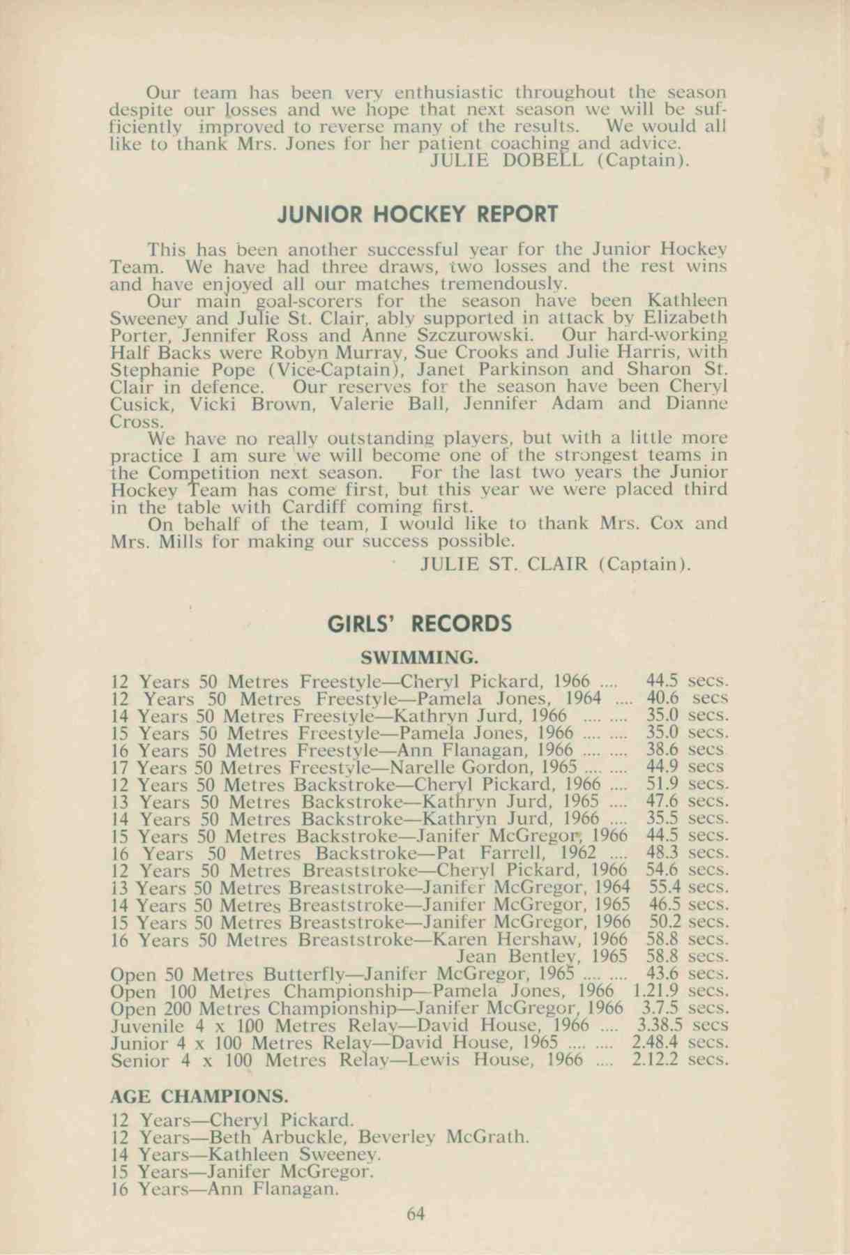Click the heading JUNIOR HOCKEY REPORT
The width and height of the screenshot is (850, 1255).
coord(418,214)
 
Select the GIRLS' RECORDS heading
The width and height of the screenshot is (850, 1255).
coord(420,623)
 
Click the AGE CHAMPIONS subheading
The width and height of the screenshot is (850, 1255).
coord(199,1095)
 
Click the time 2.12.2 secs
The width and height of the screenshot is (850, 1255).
coord(680,1060)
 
